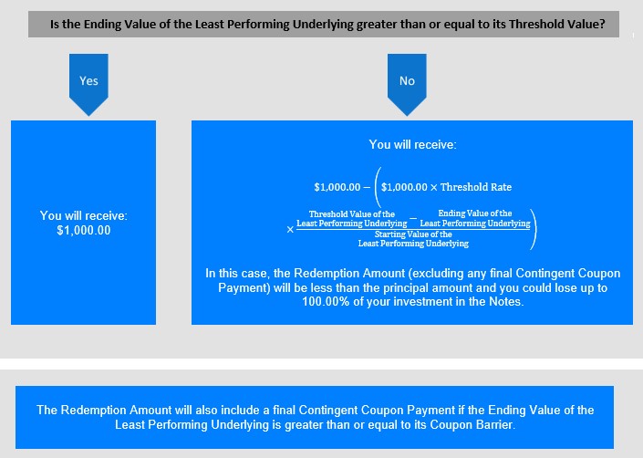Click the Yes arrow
[x=88, y=84]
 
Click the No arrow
[x=407, y=84]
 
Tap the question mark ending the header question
[x=602, y=25]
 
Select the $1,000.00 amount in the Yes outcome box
[x=84, y=231]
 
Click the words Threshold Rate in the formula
[x=476, y=187]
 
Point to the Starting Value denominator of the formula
[x=413, y=239]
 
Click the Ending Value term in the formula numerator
[x=475, y=218]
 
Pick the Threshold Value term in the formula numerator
[x=352, y=219]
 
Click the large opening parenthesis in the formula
[x=378, y=187]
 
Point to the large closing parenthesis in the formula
[x=533, y=229]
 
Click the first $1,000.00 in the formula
[x=337, y=187]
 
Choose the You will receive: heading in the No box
[x=412, y=144]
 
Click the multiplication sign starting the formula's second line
[x=290, y=230]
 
